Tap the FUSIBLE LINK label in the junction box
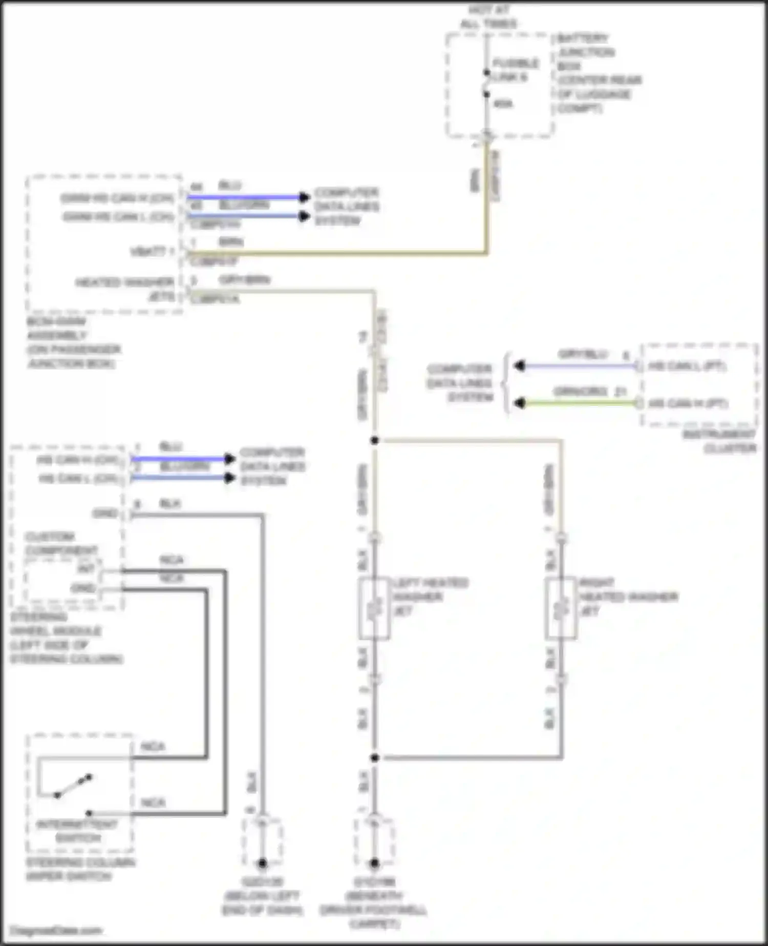tap(515, 70)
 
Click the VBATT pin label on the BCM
tap(153, 252)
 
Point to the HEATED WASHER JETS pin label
tap(125, 289)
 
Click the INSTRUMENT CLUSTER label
tap(719, 441)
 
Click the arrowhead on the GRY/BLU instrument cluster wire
tap(519, 366)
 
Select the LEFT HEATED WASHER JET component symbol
tap(374, 608)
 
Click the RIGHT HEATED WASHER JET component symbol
tap(561, 608)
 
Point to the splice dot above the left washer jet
tap(375, 440)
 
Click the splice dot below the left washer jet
tap(375, 757)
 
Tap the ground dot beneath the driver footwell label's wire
tap(374, 863)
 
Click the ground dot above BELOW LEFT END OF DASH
tap(262, 863)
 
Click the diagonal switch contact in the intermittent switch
tap(73, 786)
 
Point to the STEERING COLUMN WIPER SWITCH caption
tap(80, 869)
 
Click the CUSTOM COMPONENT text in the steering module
tap(60, 544)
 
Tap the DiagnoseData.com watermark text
tap(56, 931)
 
